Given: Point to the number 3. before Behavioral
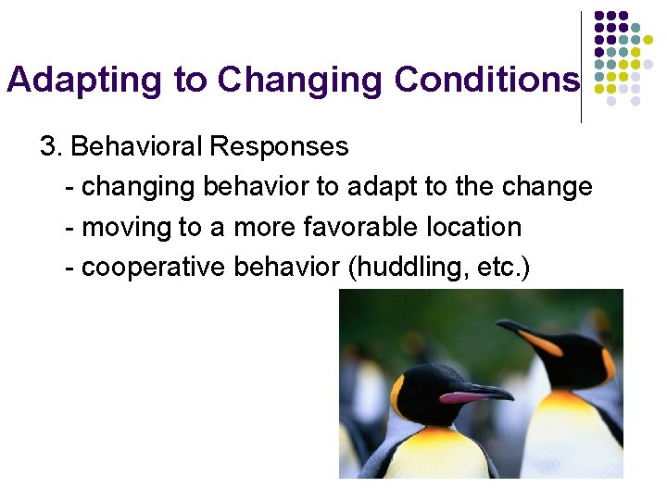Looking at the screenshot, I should coord(50,146).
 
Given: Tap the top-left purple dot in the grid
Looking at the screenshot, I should coord(599,17).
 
